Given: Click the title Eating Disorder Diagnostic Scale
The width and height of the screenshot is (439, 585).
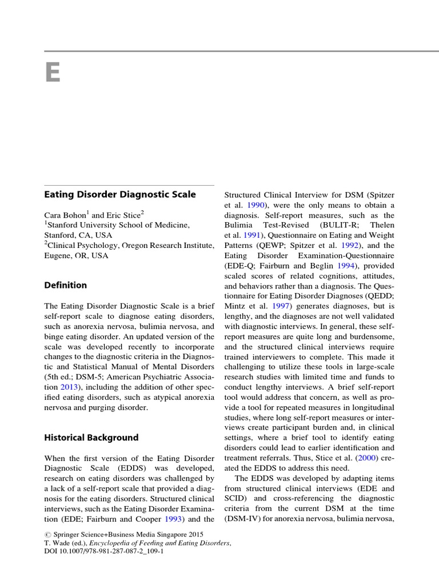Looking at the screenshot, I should tap(120, 194).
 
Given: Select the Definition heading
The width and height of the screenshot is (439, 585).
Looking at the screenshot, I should tap(66, 285).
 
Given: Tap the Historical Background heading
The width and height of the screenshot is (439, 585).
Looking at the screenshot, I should tap(91, 438).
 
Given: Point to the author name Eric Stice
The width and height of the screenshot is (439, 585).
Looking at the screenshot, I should tap(124, 215).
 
